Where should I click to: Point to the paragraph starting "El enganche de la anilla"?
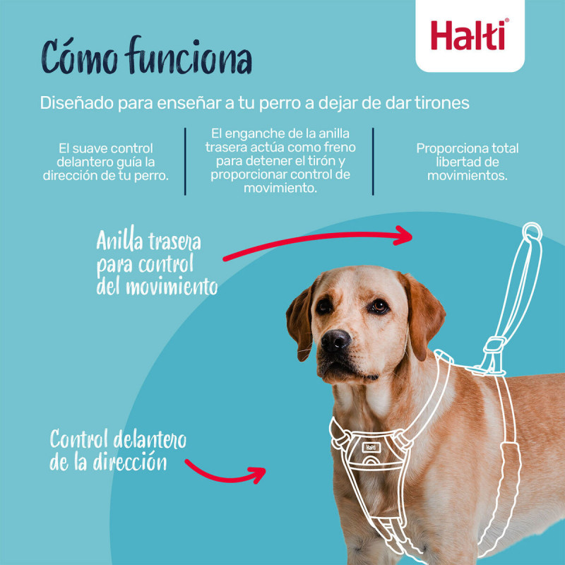[280, 161]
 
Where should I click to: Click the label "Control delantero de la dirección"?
[117, 451]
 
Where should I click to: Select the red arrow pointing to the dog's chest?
[226, 471]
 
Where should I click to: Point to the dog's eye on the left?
[324, 307]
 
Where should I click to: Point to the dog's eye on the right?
[379, 306]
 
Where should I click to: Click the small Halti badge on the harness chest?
[371, 446]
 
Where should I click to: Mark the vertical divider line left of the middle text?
[185, 161]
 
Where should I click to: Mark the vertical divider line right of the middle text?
[373, 161]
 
